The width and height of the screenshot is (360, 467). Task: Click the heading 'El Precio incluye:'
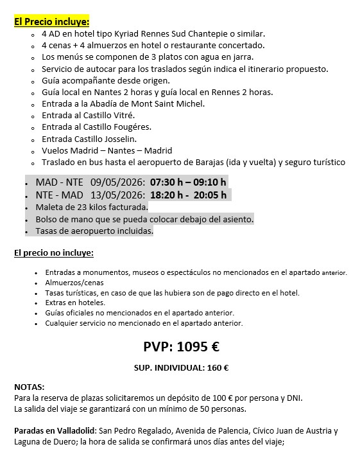(52, 21)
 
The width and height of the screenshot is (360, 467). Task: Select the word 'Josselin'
(118, 138)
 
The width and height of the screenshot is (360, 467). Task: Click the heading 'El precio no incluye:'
(54, 252)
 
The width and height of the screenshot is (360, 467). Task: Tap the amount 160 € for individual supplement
(218, 368)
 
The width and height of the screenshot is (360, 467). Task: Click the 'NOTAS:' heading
(30, 387)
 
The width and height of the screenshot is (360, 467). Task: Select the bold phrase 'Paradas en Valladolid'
(55, 430)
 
